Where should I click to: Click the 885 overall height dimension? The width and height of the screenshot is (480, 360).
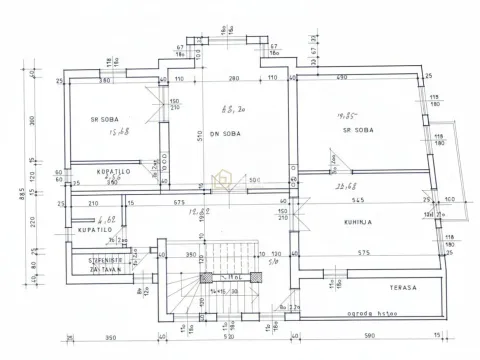click(8, 194)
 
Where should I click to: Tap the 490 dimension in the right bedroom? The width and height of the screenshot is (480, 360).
click(341, 78)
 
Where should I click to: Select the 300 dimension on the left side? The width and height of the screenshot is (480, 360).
click(33, 119)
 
